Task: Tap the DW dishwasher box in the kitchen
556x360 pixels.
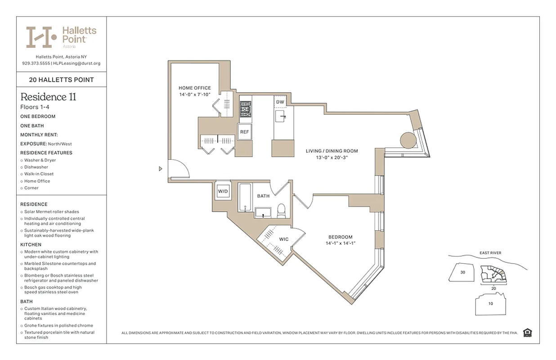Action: [280, 102]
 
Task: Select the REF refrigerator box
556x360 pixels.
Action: [244, 132]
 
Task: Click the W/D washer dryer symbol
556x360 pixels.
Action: [223, 191]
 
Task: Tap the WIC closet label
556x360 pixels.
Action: [284, 239]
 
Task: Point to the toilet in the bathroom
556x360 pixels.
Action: [282, 211]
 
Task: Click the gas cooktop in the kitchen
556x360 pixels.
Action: [245, 109]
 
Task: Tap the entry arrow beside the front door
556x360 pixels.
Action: [161, 169]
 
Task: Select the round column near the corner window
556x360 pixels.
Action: [408, 140]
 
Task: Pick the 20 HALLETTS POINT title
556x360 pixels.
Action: [61, 80]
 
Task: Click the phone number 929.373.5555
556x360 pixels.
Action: [36, 63]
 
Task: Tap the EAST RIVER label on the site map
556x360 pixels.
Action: [490, 253]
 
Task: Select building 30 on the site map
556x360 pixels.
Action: [462, 272]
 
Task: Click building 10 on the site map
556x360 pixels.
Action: [490, 304]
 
